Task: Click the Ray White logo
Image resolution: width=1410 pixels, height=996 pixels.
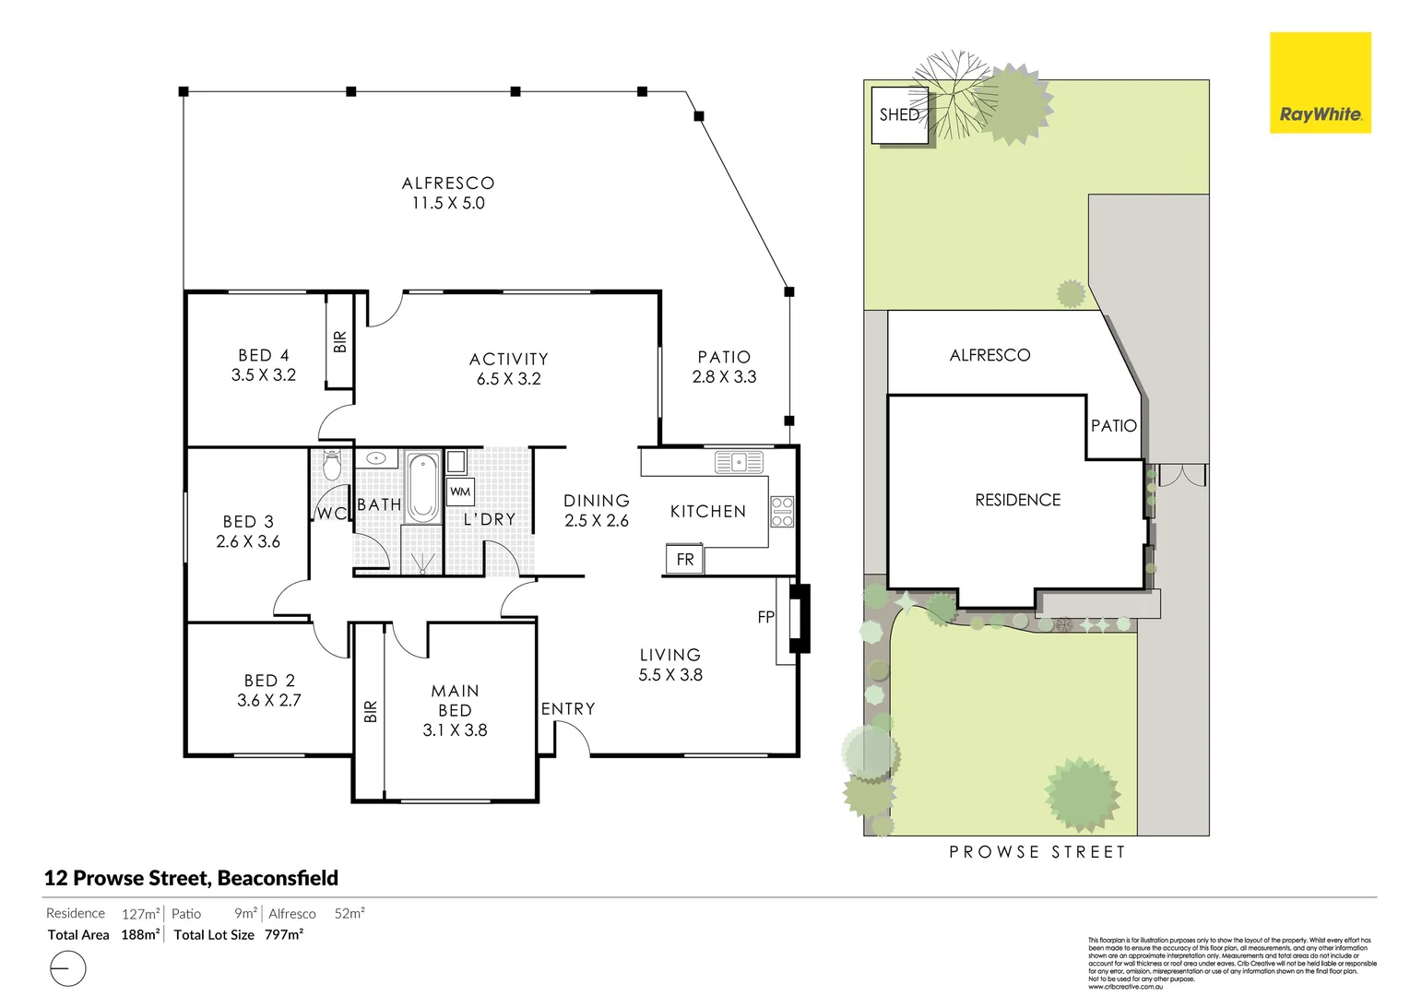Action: [x=1320, y=83]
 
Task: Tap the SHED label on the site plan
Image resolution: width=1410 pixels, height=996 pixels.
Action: [x=899, y=114]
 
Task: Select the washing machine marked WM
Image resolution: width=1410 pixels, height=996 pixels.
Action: [x=460, y=492]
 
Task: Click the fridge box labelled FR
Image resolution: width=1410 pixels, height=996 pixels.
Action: [x=684, y=559]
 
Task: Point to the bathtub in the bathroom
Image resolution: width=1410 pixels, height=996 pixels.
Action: [x=423, y=487]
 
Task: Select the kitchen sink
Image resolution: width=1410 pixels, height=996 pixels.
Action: [x=739, y=461]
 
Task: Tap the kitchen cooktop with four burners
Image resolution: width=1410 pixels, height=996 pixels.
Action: [x=781, y=512]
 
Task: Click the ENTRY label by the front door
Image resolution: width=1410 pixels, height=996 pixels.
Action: [x=568, y=708]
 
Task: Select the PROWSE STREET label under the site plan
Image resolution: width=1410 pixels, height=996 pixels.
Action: [x=1037, y=852]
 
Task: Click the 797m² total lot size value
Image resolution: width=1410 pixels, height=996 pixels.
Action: [x=283, y=934]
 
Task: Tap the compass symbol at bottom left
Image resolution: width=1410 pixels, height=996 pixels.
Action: [x=66, y=969]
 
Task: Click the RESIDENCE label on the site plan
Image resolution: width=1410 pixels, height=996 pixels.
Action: [x=1018, y=500]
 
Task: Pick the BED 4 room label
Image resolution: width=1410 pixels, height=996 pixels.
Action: [x=264, y=355]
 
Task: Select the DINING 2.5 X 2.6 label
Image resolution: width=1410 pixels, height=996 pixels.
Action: [x=597, y=510]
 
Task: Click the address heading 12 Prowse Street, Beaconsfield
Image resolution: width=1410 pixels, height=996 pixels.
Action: [x=192, y=878]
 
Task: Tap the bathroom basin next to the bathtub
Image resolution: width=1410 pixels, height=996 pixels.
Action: [x=376, y=458]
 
